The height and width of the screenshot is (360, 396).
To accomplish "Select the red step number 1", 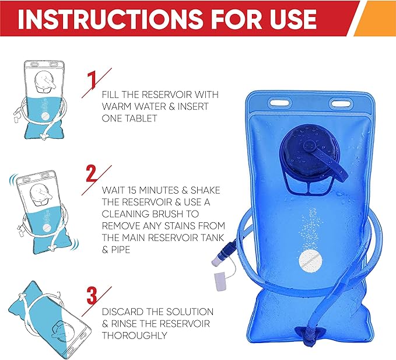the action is point(92,81).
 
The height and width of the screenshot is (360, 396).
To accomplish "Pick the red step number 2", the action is point(92,173).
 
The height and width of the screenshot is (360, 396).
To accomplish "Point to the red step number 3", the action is point(92,295).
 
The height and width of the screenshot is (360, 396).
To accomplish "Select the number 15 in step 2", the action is point(132,190).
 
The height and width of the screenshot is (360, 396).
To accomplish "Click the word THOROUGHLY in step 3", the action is point(135,335).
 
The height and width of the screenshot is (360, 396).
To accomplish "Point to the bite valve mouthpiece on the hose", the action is point(217,260).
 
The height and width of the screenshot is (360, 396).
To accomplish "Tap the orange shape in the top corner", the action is point(375,18).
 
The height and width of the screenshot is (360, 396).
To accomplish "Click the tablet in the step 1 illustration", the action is point(45,116).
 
